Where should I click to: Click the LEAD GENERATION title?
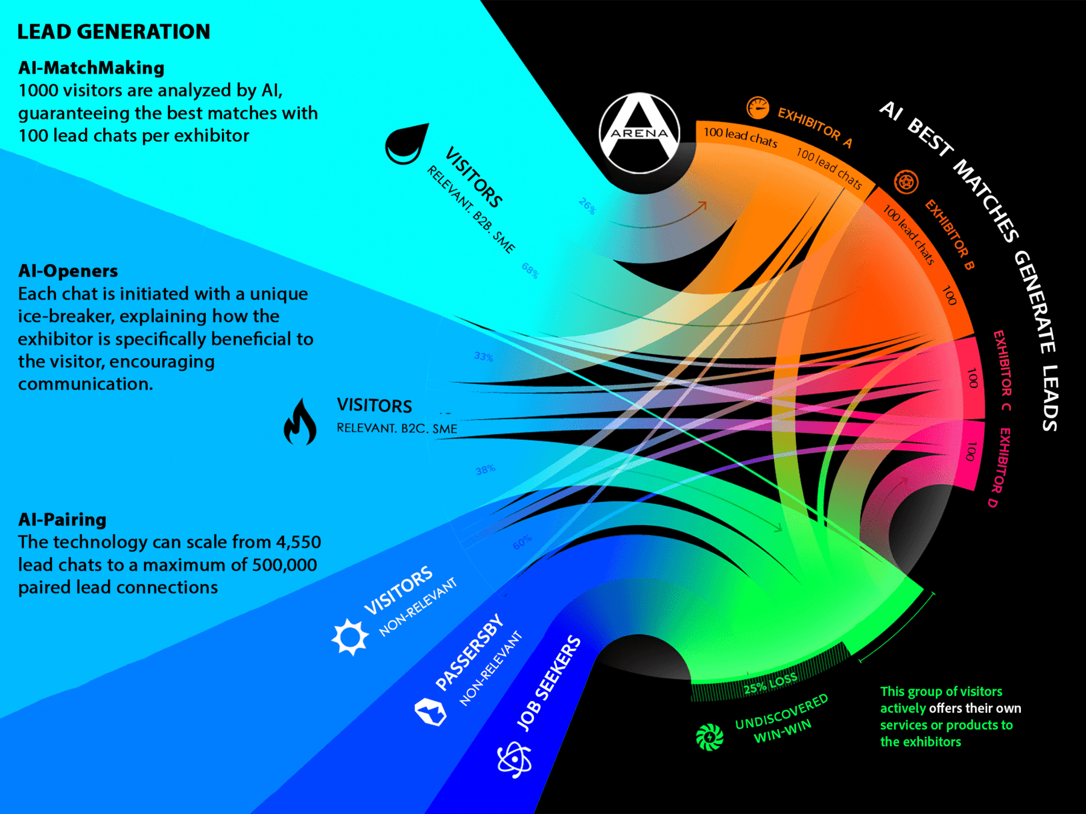113,32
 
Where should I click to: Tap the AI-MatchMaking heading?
91,68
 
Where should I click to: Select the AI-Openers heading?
68,271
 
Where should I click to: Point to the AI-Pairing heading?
62,520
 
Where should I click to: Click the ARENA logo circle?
640,133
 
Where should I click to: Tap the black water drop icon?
405,145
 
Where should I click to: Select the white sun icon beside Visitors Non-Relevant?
350,637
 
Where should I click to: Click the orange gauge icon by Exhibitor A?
758,109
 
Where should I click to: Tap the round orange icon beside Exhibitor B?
906,181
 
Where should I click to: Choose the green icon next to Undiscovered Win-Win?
710,737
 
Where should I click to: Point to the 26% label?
586,206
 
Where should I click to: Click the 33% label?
483,357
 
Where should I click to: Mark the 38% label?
485,470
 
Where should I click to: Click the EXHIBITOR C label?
1002,370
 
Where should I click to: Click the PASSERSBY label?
469,652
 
